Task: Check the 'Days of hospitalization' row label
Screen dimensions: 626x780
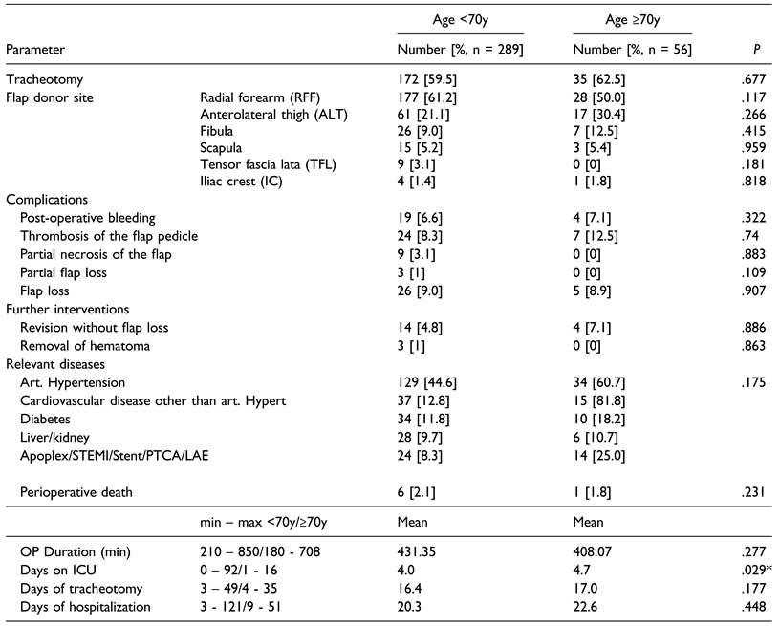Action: [86, 607]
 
